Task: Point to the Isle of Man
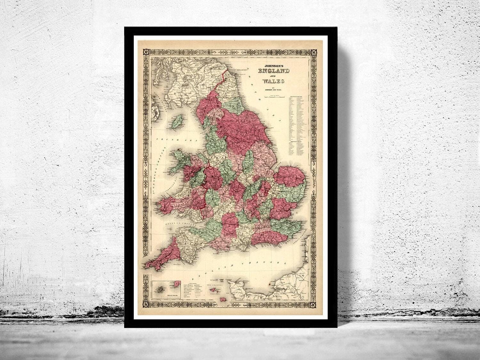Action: click(176, 122)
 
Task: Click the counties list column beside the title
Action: click(296, 128)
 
